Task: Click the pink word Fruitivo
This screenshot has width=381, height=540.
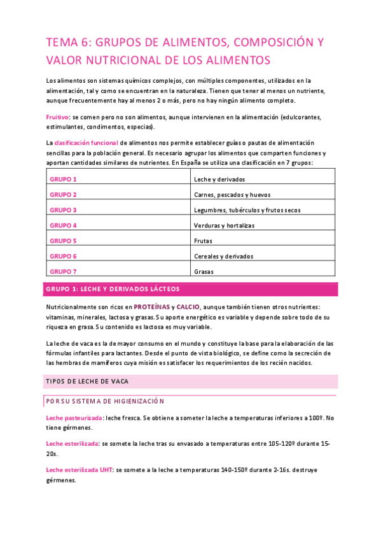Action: [x=58, y=117]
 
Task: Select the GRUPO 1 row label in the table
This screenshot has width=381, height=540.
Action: [x=63, y=180]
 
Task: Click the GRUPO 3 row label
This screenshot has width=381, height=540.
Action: [x=63, y=210]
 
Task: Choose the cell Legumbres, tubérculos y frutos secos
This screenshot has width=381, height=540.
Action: [x=247, y=210]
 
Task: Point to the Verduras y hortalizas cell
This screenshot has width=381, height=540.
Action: [x=224, y=225]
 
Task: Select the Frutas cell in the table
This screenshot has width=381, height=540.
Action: [x=204, y=241]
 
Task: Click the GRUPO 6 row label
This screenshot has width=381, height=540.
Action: [x=63, y=256]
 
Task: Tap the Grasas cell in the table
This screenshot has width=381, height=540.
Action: [x=204, y=271]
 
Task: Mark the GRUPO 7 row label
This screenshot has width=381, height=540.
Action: [x=63, y=271]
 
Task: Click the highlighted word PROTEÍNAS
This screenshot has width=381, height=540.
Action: [x=151, y=307]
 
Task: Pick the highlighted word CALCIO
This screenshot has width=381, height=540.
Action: [x=188, y=307]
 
